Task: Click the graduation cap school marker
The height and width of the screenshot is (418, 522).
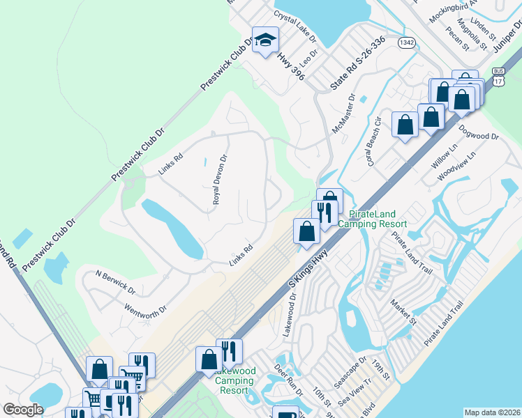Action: pos(265,40)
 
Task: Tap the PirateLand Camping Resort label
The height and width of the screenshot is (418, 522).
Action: pos(372,219)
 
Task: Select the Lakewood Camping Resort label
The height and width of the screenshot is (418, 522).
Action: pos(234,380)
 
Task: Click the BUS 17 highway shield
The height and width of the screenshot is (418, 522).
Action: pos(498,76)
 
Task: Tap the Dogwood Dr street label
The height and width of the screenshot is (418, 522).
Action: pos(479,132)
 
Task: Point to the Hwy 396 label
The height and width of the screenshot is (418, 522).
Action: pos(291,63)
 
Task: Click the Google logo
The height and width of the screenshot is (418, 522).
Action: pos(23,410)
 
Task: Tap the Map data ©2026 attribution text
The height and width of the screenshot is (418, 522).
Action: pos(491,412)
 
